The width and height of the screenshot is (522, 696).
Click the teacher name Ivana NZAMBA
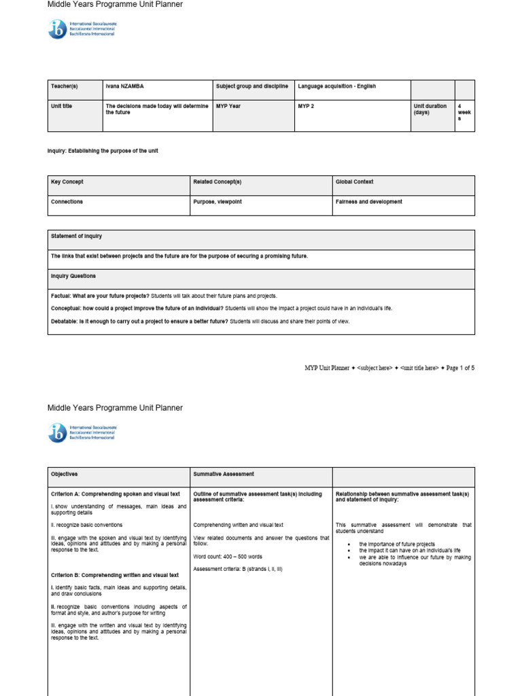pos(124,86)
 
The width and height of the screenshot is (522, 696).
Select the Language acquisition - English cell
pos(336,86)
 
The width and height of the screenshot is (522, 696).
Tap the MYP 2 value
pos(306,106)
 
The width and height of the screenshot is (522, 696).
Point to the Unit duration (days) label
pos(430,109)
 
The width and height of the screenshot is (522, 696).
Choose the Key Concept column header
pos(67,182)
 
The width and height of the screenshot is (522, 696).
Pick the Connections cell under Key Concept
pos(67,202)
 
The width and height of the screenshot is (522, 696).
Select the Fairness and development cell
pos(368,202)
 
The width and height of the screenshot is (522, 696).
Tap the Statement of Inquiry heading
pos(76,236)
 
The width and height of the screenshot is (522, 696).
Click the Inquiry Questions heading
pos(73,276)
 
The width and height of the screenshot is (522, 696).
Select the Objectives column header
pos(65,474)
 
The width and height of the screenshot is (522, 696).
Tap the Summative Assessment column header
pos(224,474)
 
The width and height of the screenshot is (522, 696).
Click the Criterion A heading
pos(116,493)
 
